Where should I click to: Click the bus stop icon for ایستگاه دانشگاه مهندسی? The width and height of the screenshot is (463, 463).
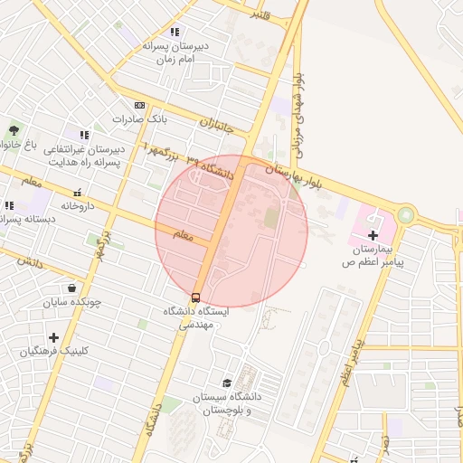[195, 298]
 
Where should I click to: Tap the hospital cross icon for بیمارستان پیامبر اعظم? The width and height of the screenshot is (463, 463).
[373, 234]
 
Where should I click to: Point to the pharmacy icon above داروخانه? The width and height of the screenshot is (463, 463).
[78, 193]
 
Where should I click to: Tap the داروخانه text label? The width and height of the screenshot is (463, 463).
[78, 205]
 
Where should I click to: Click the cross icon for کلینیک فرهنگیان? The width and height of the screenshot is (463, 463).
[53, 337]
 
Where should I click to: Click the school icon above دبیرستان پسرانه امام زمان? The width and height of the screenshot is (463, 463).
[175, 32]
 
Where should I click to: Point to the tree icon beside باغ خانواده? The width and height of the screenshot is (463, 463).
[13, 130]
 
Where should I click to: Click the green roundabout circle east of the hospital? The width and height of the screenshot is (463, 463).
[405, 215]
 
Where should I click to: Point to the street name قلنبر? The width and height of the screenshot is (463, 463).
[260, 14]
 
